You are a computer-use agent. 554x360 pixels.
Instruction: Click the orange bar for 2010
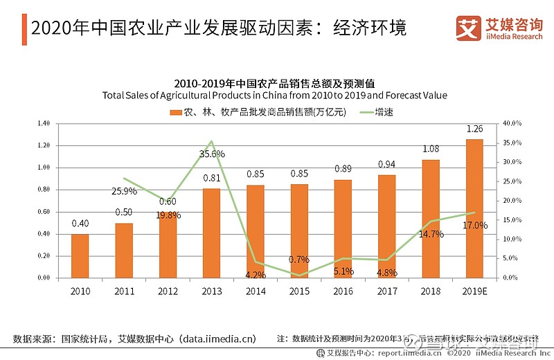pyautogui.click(x=80, y=255)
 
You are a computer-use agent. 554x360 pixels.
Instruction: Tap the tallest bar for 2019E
pyautogui.click(x=474, y=208)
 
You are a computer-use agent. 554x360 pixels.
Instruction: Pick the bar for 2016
pyautogui.click(x=343, y=228)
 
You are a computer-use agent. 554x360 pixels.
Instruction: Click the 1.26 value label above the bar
pyautogui.click(x=474, y=129)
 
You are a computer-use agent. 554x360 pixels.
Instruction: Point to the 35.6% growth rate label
pyautogui.click(x=212, y=153)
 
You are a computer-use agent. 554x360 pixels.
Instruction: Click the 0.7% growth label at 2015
pyautogui.click(x=298, y=260)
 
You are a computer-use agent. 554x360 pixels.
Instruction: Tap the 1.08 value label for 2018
pyautogui.click(x=431, y=149)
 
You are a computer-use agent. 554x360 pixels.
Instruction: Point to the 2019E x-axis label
pyautogui.click(x=474, y=291)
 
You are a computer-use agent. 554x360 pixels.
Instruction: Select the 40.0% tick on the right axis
pyautogui.click(x=512, y=123)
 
